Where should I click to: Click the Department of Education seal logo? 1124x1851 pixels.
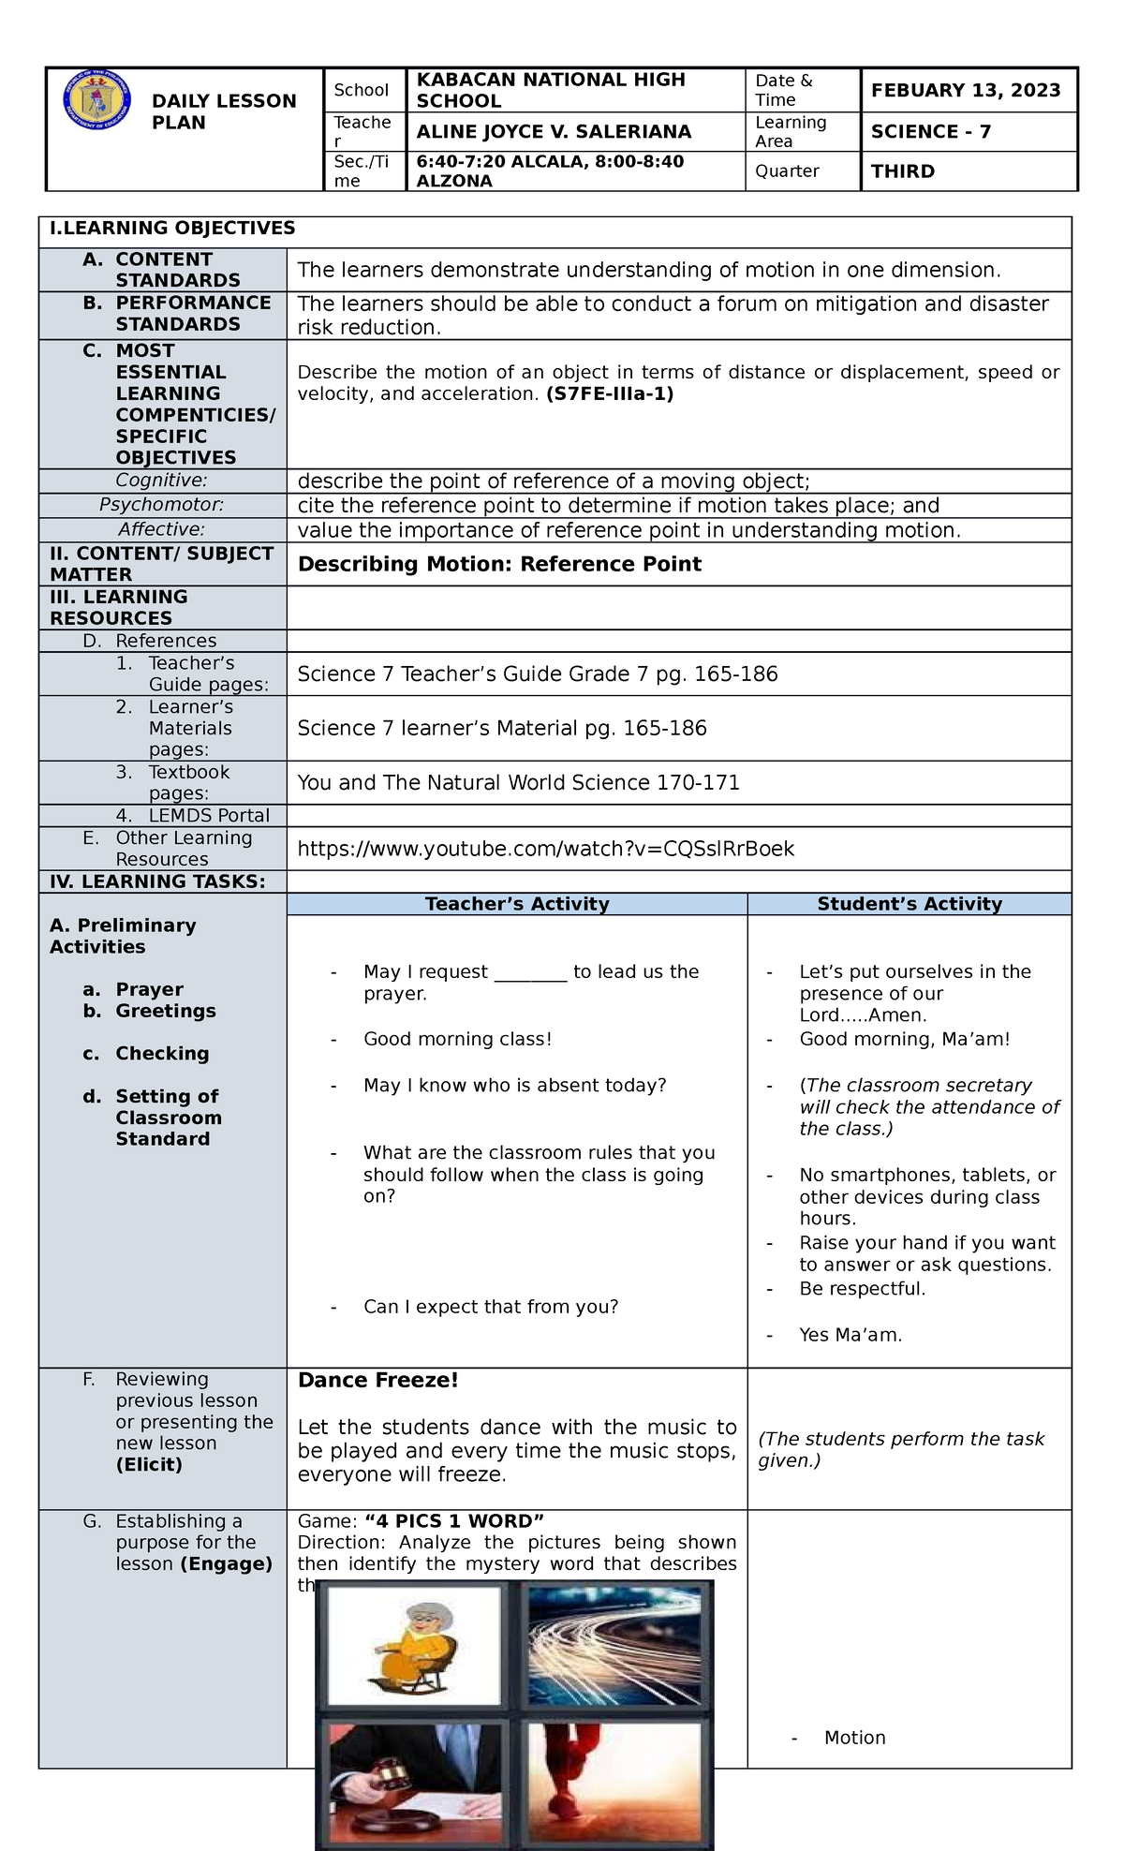pos(92,104)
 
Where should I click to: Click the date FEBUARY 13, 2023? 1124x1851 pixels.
pos(965,90)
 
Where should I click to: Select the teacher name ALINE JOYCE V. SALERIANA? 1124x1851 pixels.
pos(554,132)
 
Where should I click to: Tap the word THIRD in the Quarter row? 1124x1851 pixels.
pos(902,171)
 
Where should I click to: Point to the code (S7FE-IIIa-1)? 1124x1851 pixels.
pos(610,394)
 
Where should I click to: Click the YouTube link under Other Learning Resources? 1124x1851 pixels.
pos(545,849)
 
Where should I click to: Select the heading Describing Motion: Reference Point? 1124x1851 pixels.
pos(498,564)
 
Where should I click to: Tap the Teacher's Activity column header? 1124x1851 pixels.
pos(516,904)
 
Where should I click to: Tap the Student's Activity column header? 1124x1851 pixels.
pos(909,904)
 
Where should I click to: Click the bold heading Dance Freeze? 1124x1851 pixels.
pos(377,1380)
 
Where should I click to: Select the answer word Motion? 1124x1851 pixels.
pos(854,1738)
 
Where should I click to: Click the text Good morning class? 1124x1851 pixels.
pos(457,1039)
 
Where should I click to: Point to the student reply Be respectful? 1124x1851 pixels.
pos(862,1288)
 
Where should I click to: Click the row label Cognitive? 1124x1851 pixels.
pos(162,481)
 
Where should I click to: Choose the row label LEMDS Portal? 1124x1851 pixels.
pos(208,815)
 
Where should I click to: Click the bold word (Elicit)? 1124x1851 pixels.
pos(149,1465)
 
